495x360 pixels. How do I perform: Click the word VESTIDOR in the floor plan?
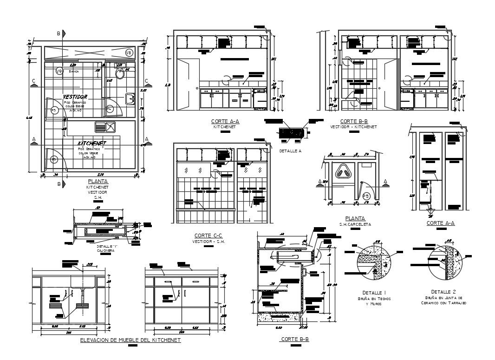tap(75, 97)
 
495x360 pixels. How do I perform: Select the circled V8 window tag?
tap(129, 53)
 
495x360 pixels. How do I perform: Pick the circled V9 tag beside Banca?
tap(59, 71)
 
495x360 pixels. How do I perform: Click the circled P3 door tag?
tap(54, 111)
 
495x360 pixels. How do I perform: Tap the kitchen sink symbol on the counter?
tap(104, 126)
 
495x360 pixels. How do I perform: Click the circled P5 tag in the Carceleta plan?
tap(366, 196)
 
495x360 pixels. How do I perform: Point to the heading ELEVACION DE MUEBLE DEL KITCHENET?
tap(130, 340)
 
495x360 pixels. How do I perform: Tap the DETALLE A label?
tap(290, 151)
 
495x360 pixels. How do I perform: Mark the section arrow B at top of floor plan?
tap(59, 33)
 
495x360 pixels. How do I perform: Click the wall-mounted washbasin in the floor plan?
tap(130, 98)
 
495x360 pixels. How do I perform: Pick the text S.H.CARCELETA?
tap(355, 224)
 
